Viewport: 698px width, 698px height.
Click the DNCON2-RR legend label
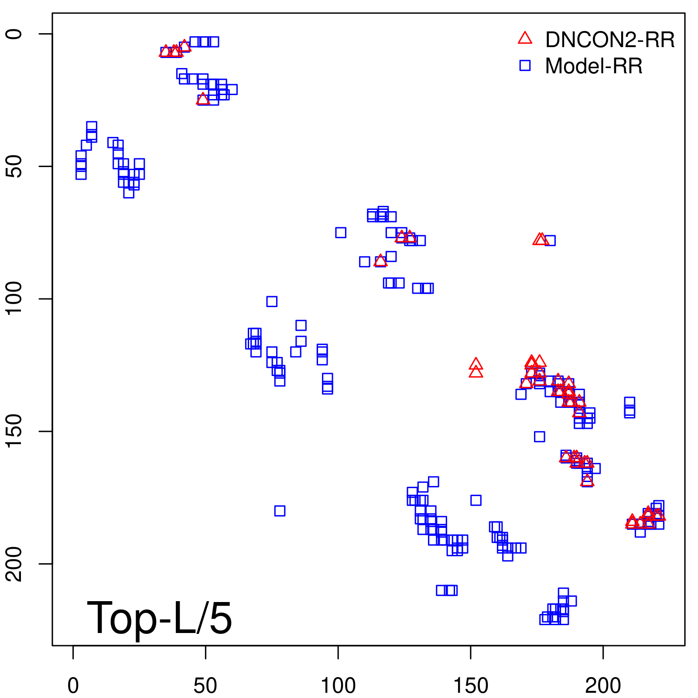tap(610, 40)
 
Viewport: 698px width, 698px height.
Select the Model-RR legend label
tap(594, 66)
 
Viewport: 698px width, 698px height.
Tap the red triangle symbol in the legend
tap(525, 38)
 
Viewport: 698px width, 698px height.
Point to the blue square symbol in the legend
tap(525, 65)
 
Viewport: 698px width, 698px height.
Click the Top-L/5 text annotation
tap(159, 618)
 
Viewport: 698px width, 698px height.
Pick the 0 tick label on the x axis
tap(73, 686)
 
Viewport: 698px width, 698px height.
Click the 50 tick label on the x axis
tap(205, 686)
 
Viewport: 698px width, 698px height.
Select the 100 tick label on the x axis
tap(338, 686)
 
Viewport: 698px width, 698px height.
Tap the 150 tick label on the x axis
tap(471, 686)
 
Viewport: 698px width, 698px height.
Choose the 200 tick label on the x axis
tap(603, 686)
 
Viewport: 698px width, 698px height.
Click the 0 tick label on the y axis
tap(14, 34)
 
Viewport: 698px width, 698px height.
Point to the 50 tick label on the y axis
tap(14, 166)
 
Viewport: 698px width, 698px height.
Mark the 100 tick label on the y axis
tap(14, 299)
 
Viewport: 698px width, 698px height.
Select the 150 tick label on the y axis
tap(14, 431)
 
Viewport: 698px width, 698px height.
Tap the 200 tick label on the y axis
tap(14, 564)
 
